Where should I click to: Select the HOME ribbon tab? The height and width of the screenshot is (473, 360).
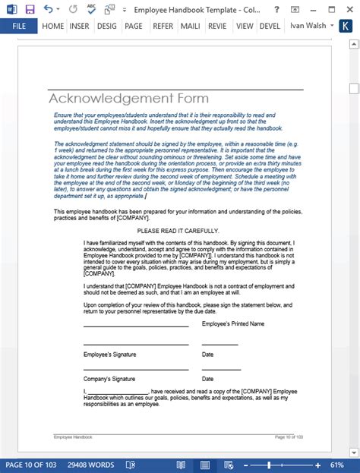tap(53, 26)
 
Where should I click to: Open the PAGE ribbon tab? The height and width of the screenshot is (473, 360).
tap(134, 26)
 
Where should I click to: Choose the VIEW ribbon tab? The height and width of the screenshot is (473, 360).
tap(244, 26)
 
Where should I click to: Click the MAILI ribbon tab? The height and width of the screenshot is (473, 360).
tap(189, 26)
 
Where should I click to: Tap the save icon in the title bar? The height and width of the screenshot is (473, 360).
tap(30, 9)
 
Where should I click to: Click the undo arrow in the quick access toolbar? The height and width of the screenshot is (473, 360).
tap(49, 9)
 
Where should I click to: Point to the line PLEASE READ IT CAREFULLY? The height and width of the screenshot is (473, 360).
tap(178, 231)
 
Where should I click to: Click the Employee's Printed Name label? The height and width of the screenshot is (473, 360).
tap(233, 323)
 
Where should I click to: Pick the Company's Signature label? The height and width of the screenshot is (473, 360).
tap(109, 378)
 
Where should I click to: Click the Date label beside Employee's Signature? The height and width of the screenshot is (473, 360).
tap(207, 355)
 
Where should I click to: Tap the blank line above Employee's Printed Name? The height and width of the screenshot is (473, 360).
tap(136, 326)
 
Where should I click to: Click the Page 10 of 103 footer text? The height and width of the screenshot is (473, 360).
tap(289, 437)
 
